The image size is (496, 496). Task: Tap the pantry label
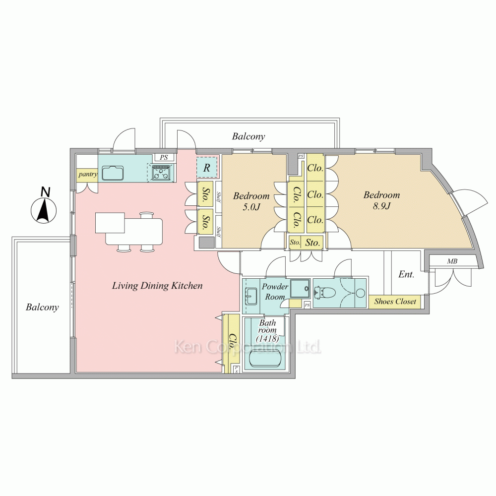point(87,175)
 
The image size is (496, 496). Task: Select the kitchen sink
point(113,173)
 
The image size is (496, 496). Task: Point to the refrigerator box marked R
point(207,168)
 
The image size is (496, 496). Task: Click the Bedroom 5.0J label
point(251,200)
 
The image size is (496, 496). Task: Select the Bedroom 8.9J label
point(381,199)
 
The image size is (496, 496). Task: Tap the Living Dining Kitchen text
point(157,286)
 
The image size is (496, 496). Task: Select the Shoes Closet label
point(395,302)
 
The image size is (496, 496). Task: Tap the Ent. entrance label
point(406,274)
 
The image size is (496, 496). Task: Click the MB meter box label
point(452,261)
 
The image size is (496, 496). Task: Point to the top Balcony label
point(248,136)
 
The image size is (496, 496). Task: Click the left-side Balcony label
point(42,308)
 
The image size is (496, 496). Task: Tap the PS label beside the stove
point(164,157)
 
